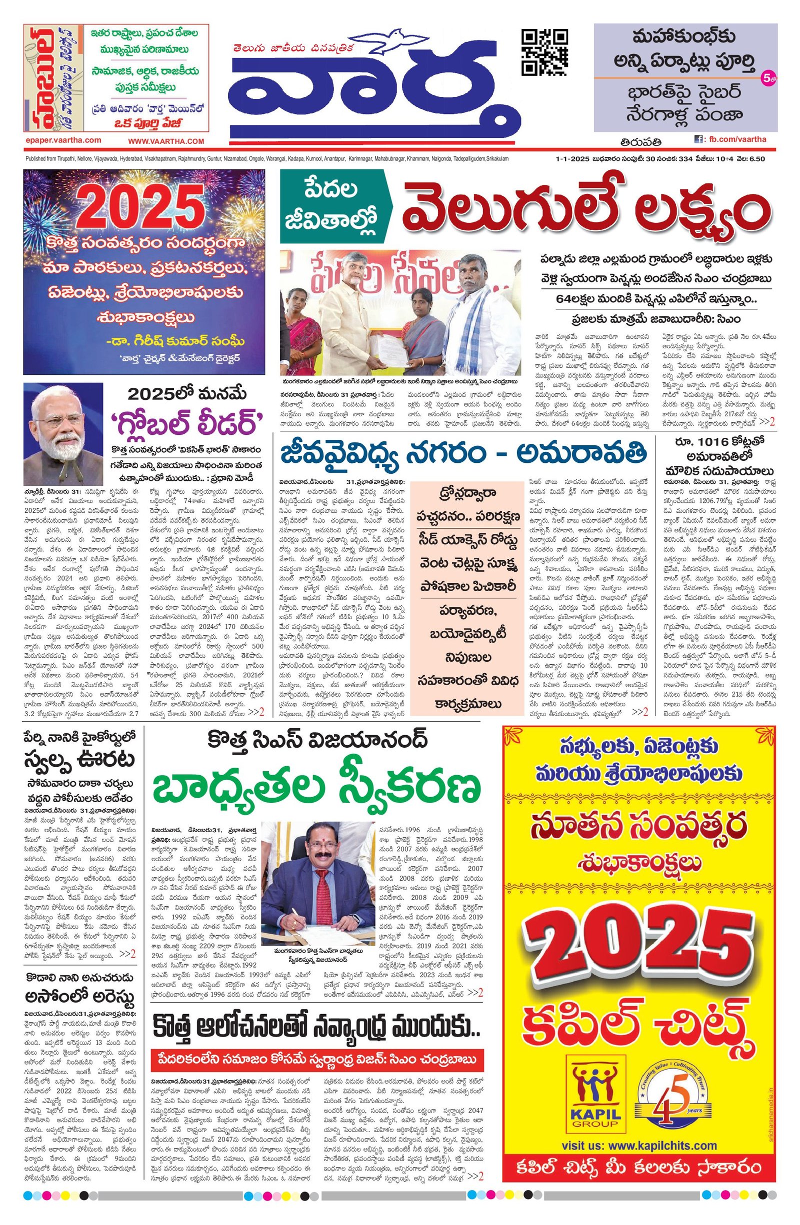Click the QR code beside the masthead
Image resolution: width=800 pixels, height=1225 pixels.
pos(545,53)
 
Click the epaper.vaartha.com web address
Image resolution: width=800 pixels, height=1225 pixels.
pos(63,140)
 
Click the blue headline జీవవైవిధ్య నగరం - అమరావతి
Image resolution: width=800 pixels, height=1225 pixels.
pos(463,454)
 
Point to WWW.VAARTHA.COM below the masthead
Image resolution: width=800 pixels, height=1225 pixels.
pos(166,141)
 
